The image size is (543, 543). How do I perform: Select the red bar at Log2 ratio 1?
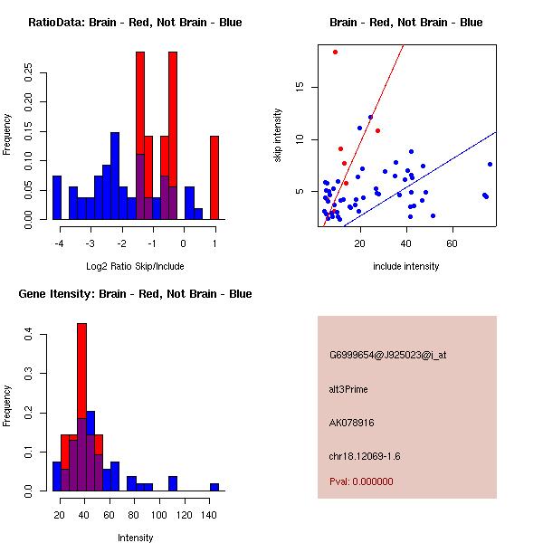point(214,177)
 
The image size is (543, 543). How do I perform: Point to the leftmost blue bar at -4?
point(57,197)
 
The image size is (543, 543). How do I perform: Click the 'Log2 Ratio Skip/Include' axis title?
point(135,266)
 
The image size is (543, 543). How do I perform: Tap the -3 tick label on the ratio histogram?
point(89,243)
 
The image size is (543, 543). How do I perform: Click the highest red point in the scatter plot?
point(335,52)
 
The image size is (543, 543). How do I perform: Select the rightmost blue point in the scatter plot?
point(490,164)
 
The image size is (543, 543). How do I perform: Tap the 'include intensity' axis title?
point(406,266)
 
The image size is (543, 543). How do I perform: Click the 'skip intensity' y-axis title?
point(278,136)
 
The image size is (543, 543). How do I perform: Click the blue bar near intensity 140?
point(214,487)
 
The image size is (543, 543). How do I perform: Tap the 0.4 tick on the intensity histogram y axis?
point(29,335)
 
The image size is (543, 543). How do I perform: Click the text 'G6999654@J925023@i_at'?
point(387,355)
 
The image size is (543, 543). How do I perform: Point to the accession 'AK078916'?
point(352,423)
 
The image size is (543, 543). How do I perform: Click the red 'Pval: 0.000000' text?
point(361,481)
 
